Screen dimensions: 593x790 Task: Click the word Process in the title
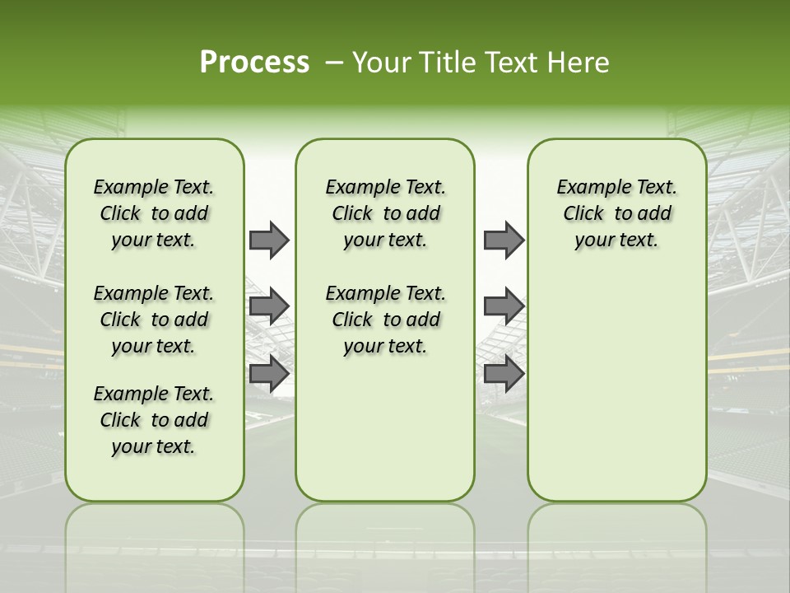[254, 62]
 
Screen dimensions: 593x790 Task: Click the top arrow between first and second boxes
[269, 240]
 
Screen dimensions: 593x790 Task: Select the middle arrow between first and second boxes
[269, 306]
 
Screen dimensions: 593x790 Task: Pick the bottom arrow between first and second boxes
[269, 373]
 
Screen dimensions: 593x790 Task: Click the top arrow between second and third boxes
[504, 240]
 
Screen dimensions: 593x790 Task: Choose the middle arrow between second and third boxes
[504, 306]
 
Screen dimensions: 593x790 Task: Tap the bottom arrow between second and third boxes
[504, 373]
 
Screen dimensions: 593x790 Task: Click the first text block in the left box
[154, 213]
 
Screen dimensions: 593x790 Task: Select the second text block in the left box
[154, 320]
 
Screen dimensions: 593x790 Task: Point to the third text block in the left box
[154, 420]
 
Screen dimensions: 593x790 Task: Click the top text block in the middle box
[385, 213]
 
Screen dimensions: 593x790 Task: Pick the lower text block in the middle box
[385, 320]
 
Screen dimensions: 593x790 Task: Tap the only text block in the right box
[616, 213]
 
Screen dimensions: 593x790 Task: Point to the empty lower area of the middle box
[385, 428]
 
